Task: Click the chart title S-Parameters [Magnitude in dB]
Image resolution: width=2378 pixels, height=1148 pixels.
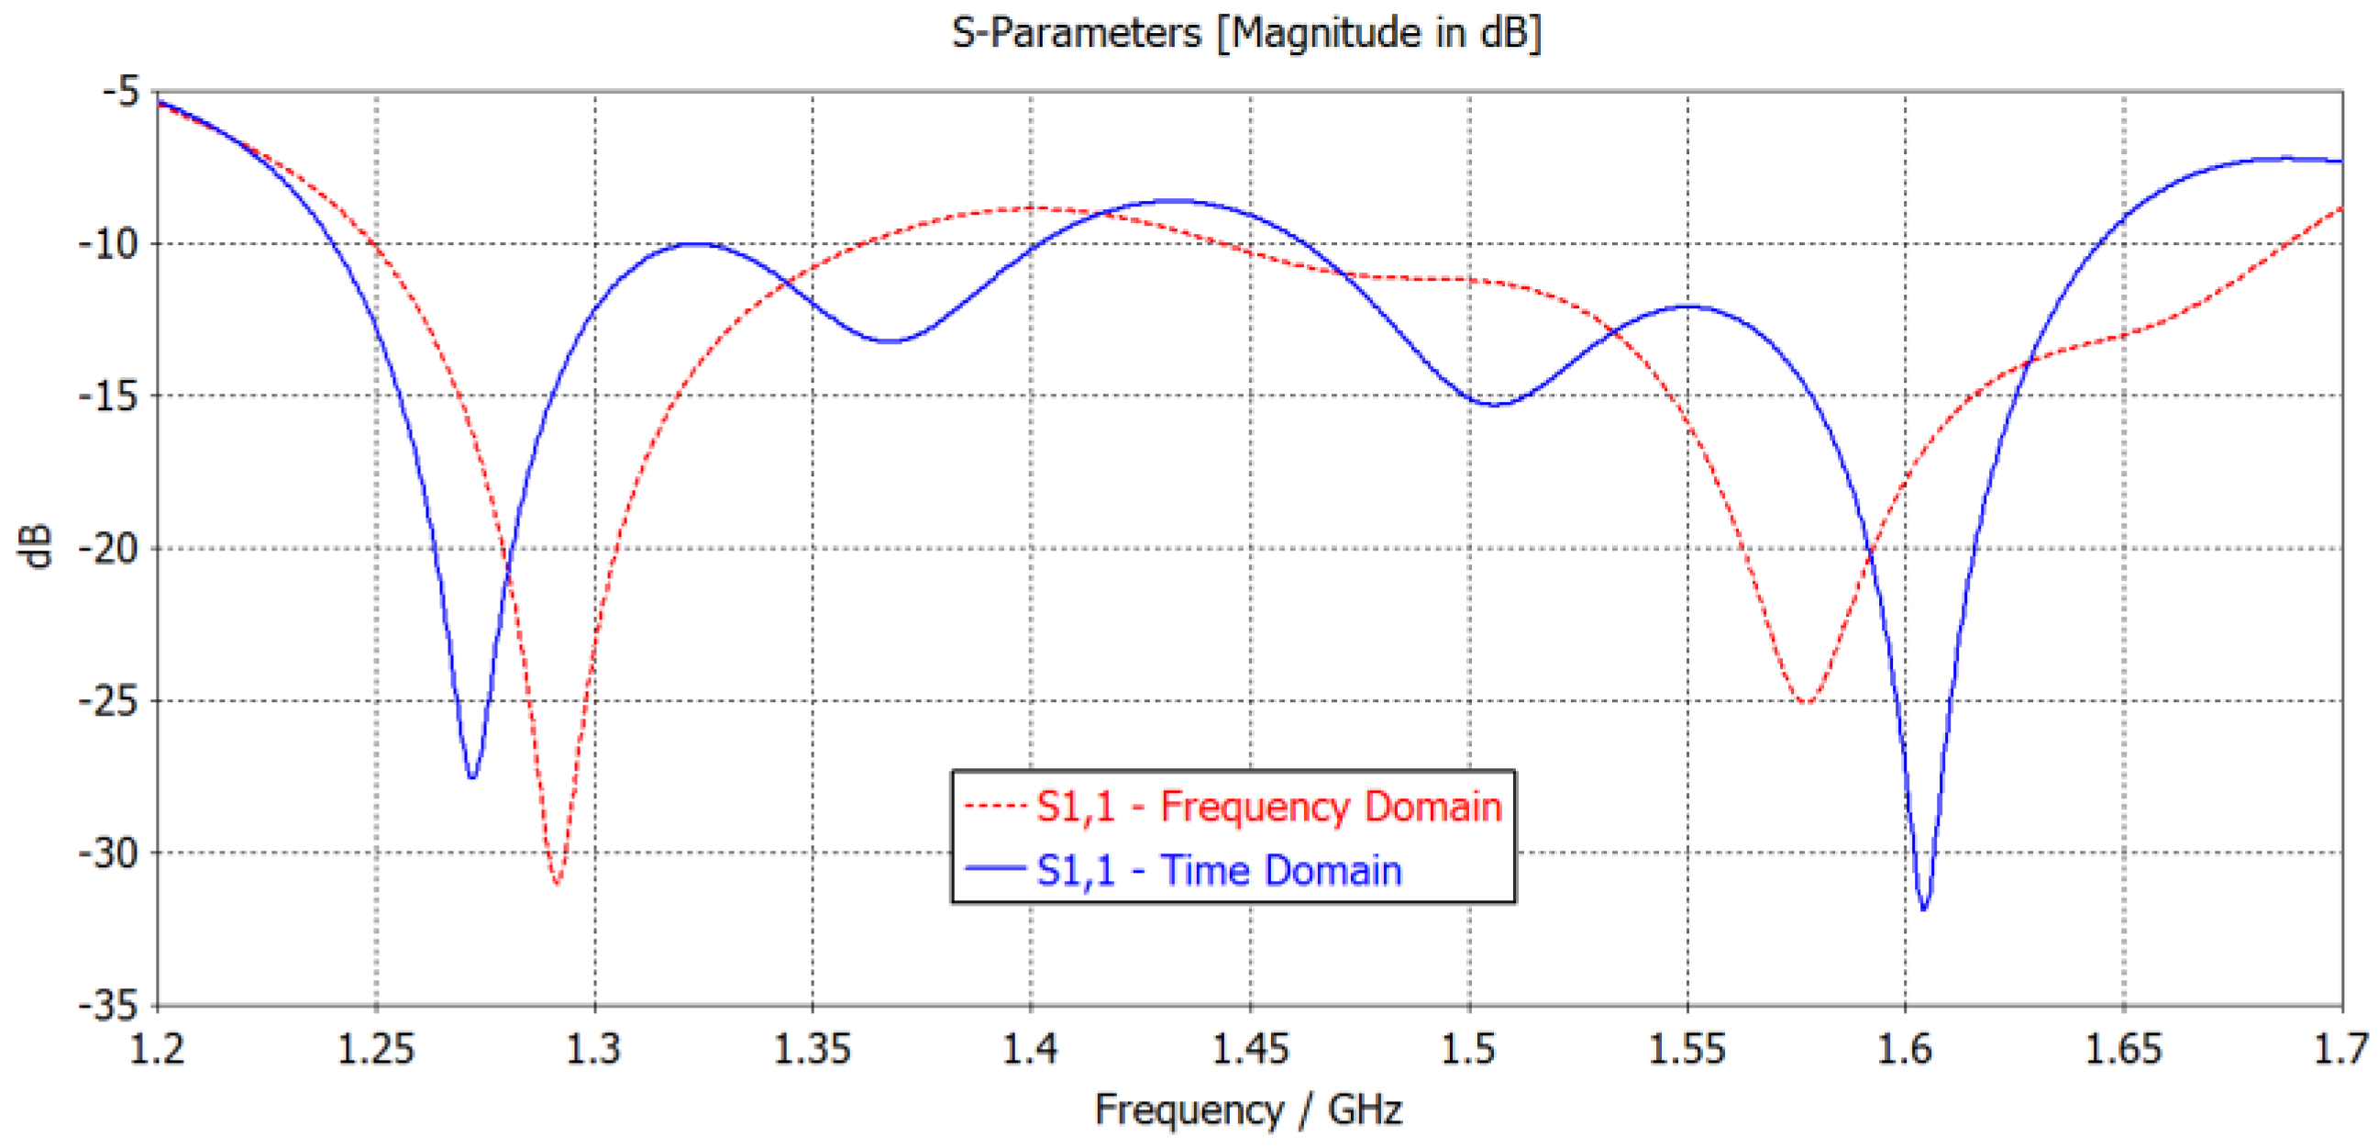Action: coord(1246,34)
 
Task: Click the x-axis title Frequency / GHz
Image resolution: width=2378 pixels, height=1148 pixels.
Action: coord(1248,1109)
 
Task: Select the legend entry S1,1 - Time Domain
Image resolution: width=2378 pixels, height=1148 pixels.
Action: coord(1219,871)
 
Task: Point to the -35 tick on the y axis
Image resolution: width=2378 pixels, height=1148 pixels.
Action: coord(108,1005)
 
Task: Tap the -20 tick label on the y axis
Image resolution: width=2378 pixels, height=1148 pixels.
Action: coord(108,549)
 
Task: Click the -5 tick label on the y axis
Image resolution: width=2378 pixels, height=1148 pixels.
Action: coord(121,92)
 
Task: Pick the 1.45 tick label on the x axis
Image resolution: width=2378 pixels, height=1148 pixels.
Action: coord(1250,1050)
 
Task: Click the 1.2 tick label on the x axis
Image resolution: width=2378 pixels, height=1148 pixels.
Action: coord(158,1050)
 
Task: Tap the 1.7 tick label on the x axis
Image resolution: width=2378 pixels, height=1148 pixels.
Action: coord(2341,1050)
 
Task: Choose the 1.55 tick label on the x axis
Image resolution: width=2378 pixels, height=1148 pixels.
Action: coord(1687,1050)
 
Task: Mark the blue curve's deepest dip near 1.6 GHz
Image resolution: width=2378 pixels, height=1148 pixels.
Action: coord(1924,908)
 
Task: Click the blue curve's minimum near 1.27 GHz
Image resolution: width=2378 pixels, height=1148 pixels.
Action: coord(471,777)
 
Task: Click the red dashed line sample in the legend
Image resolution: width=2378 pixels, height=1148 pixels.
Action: coord(995,808)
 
